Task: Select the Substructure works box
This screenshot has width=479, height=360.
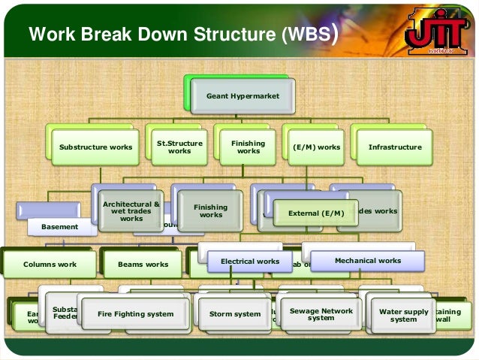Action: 95,147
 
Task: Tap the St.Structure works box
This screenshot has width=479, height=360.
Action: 179,147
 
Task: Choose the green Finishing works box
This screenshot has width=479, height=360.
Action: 249,147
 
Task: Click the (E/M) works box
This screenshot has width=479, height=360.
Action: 317,147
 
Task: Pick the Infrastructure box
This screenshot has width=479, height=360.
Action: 395,147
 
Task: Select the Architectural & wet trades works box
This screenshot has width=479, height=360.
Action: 131,210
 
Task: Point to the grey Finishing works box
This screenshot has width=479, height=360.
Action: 211,210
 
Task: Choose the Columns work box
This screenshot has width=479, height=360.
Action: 50,265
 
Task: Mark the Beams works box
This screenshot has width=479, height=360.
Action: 143,265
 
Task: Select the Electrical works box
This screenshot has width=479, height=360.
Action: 250,262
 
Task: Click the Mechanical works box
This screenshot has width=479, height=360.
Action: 367,261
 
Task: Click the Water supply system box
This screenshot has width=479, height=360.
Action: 403,315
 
